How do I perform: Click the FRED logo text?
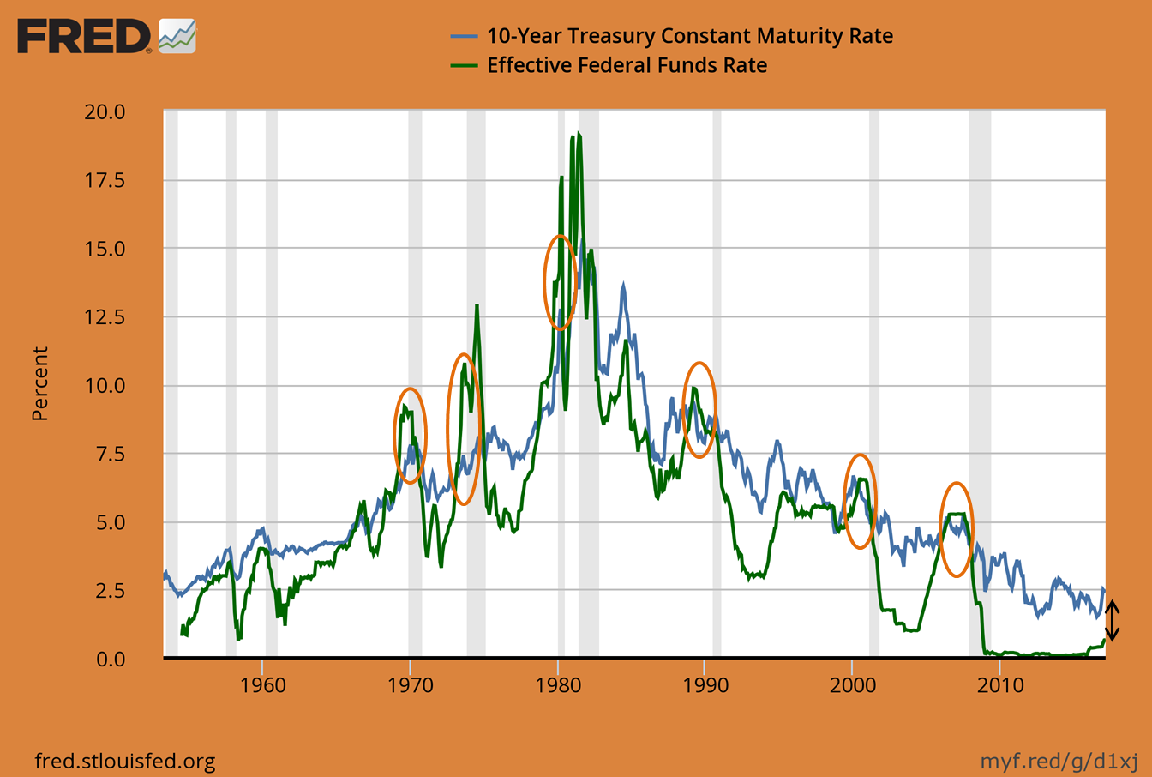83,36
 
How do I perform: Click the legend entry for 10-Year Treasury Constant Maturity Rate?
689,36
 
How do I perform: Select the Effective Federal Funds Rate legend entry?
627,65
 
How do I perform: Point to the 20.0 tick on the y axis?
105,112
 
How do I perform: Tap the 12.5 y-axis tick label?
105,317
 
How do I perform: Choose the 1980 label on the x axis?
558,684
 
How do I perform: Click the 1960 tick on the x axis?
263,684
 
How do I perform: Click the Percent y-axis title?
39,383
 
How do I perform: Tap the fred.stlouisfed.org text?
124,761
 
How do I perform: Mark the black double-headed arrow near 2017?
1112,621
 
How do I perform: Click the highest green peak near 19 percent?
579,135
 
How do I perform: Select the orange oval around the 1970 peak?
411,435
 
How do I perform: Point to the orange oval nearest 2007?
957,528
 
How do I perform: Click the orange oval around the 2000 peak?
860,501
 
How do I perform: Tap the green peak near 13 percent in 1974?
477,306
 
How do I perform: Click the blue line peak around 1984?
623,286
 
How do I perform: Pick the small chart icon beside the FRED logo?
177,36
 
